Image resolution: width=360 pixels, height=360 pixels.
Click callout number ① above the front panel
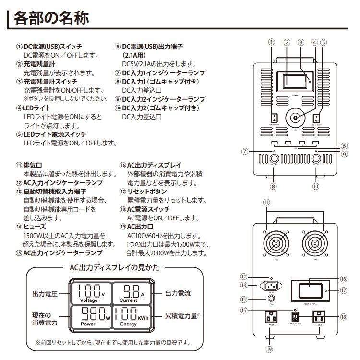tap(272, 42)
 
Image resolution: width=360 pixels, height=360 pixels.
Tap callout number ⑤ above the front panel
tap(324, 42)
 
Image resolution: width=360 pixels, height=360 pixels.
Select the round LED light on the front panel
tap(294, 118)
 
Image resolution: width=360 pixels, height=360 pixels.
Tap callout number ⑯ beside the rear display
tap(343, 278)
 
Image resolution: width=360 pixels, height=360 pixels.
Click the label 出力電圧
tap(44, 292)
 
